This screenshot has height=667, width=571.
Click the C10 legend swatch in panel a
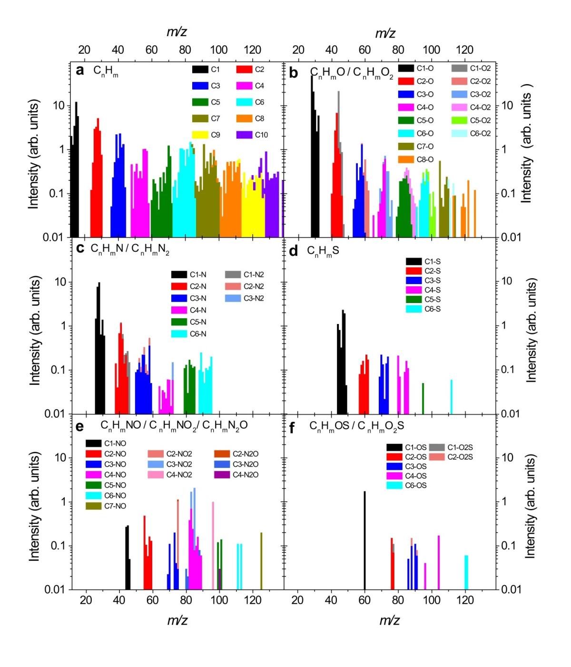(244, 135)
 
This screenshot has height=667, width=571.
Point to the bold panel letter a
(80, 70)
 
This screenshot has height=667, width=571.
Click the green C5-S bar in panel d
(423, 398)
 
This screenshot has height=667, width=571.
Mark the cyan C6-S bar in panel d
(451, 396)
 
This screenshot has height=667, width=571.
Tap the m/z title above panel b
(385, 33)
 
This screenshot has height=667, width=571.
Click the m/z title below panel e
(177, 620)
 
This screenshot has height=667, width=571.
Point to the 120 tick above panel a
(252, 50)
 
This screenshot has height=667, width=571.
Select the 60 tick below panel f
(364, 600)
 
